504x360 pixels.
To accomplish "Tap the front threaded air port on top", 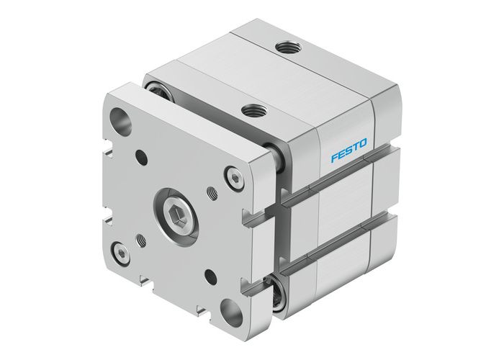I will point(253,111).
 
